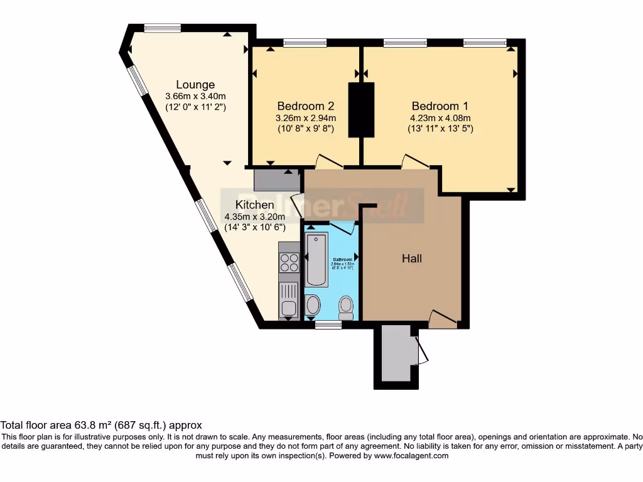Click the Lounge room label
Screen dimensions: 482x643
195,85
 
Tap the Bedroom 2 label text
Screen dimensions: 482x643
305,106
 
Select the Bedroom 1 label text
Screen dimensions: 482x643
440,106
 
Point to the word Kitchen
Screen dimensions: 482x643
254,205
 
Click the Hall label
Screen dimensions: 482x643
412,259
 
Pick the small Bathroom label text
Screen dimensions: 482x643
343,259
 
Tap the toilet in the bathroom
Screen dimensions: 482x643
345,307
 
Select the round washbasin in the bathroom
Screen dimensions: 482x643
312,306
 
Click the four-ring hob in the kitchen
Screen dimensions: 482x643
289,262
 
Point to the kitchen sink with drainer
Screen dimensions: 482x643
289,299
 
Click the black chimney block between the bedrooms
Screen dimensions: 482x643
361,109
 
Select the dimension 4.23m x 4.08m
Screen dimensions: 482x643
440,118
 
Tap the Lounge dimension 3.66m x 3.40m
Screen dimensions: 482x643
195,97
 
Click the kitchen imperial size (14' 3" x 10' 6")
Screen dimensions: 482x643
254,228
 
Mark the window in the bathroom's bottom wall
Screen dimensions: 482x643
328,324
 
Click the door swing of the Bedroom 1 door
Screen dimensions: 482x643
415,161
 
